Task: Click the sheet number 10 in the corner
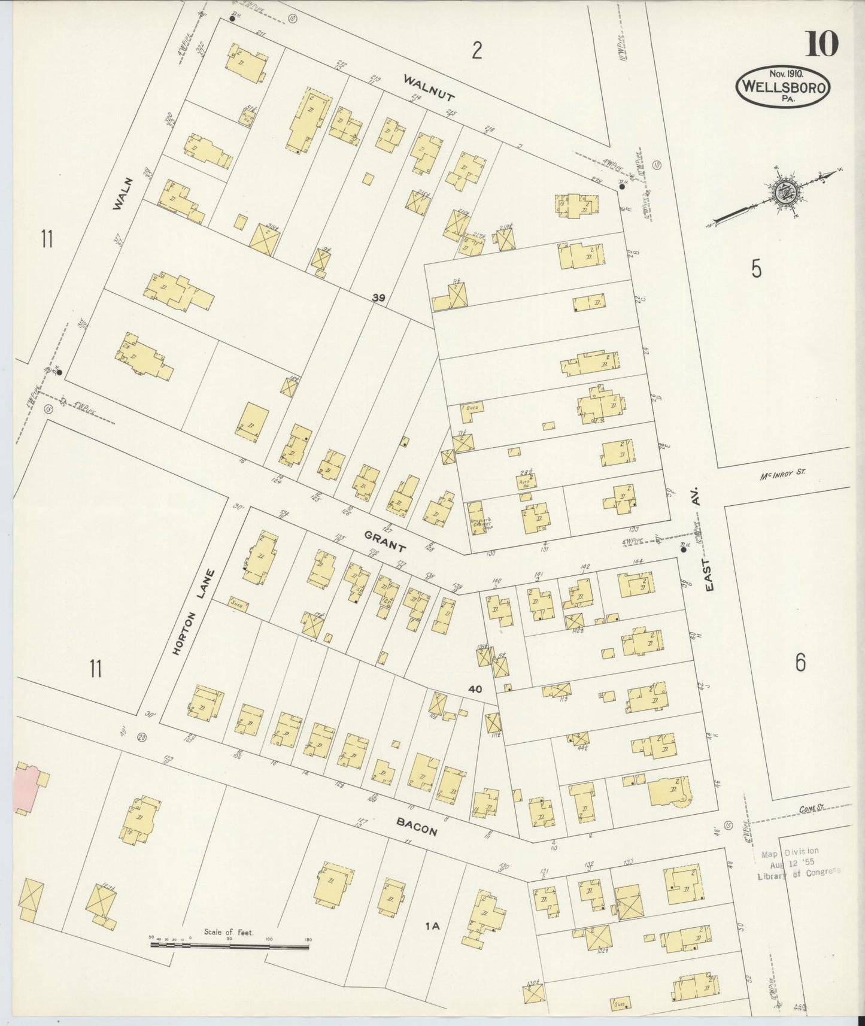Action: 822,43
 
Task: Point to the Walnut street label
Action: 429,87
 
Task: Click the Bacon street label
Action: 417,827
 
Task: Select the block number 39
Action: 378,298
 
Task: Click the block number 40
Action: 475,689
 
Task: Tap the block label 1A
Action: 432,927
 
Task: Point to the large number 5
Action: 757,269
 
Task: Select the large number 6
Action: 800,663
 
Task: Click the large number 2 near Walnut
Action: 476,51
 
